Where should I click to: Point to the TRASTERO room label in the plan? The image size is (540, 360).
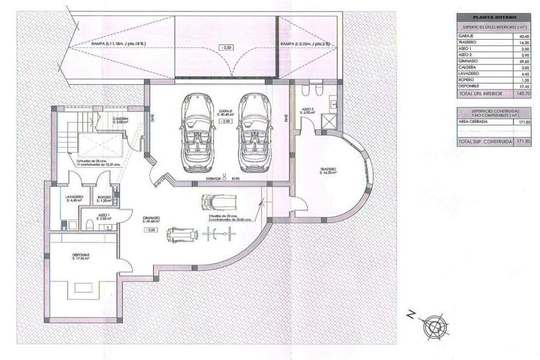pyautogui.click(x=328, y=169)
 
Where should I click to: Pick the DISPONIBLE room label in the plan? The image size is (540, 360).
pyautogui.click(x=80, y=255)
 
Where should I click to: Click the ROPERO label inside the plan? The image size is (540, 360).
pyautogui.click(x=104, y=197)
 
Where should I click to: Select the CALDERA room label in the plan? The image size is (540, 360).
pyautogui.click(x=120, y=119)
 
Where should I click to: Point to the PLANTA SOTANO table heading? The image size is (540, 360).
pyautogui.click(x=494, y=17)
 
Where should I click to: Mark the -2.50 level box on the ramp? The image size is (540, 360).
pyautogui.click(x=226, y=48)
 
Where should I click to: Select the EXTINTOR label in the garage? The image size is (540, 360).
pyautogui.click(x=213, y=178)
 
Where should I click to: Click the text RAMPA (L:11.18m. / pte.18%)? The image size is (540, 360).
pyautogui.click(x=118, y=44)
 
